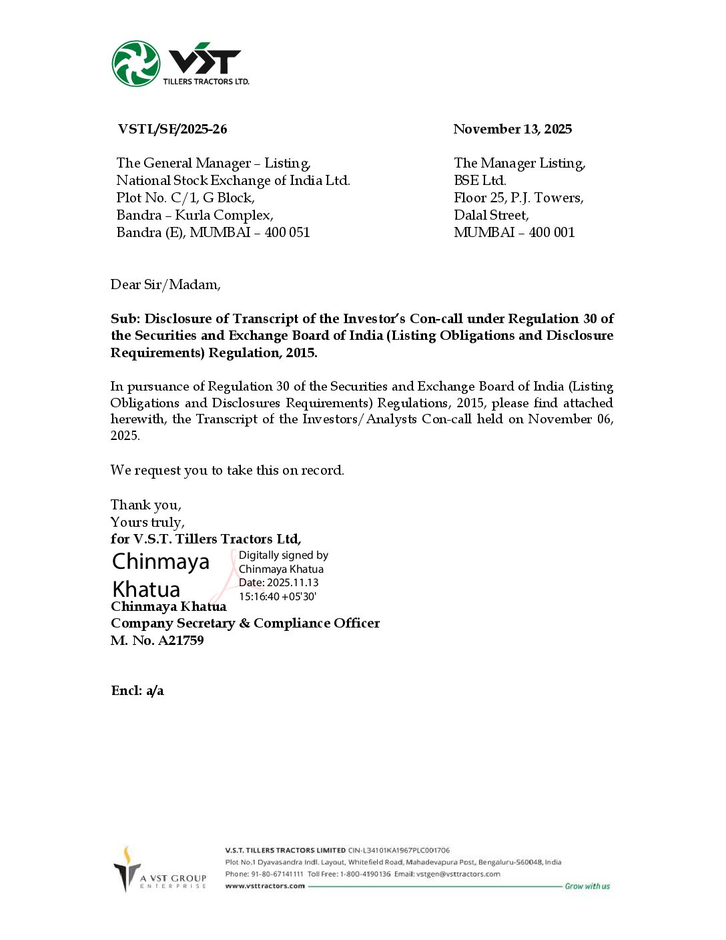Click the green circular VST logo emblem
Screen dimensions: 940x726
click(x=136, y=63)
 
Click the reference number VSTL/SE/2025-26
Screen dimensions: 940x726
click(x=172, y=129)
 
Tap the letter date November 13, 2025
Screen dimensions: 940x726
click(x=512, y=129)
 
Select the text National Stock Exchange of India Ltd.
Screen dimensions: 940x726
click(x=233, y=180)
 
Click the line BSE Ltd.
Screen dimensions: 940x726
click(x=480, y=180)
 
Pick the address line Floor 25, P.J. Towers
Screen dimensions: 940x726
click(x=518, y=198)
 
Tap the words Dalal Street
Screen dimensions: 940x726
click(x=491, y=215)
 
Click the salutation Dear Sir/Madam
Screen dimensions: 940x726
click(x=165, y=284)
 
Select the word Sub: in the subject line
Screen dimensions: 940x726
click(x=125, y=318)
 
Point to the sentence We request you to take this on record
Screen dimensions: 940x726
click(x=227, y=470)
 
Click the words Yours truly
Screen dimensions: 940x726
click(x=147, y=522)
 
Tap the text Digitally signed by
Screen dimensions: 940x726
click(x=284, y=555)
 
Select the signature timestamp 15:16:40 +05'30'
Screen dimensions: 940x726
click(x=278, y=596)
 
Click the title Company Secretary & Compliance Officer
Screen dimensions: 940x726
click(x=245, y=623)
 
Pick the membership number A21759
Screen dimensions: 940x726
click(x=180, y=640)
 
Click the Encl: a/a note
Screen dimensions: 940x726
click(x=137, y=690)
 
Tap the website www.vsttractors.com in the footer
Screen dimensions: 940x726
click(x=265, y=886)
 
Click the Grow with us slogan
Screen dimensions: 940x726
click(x=587, y=886)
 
